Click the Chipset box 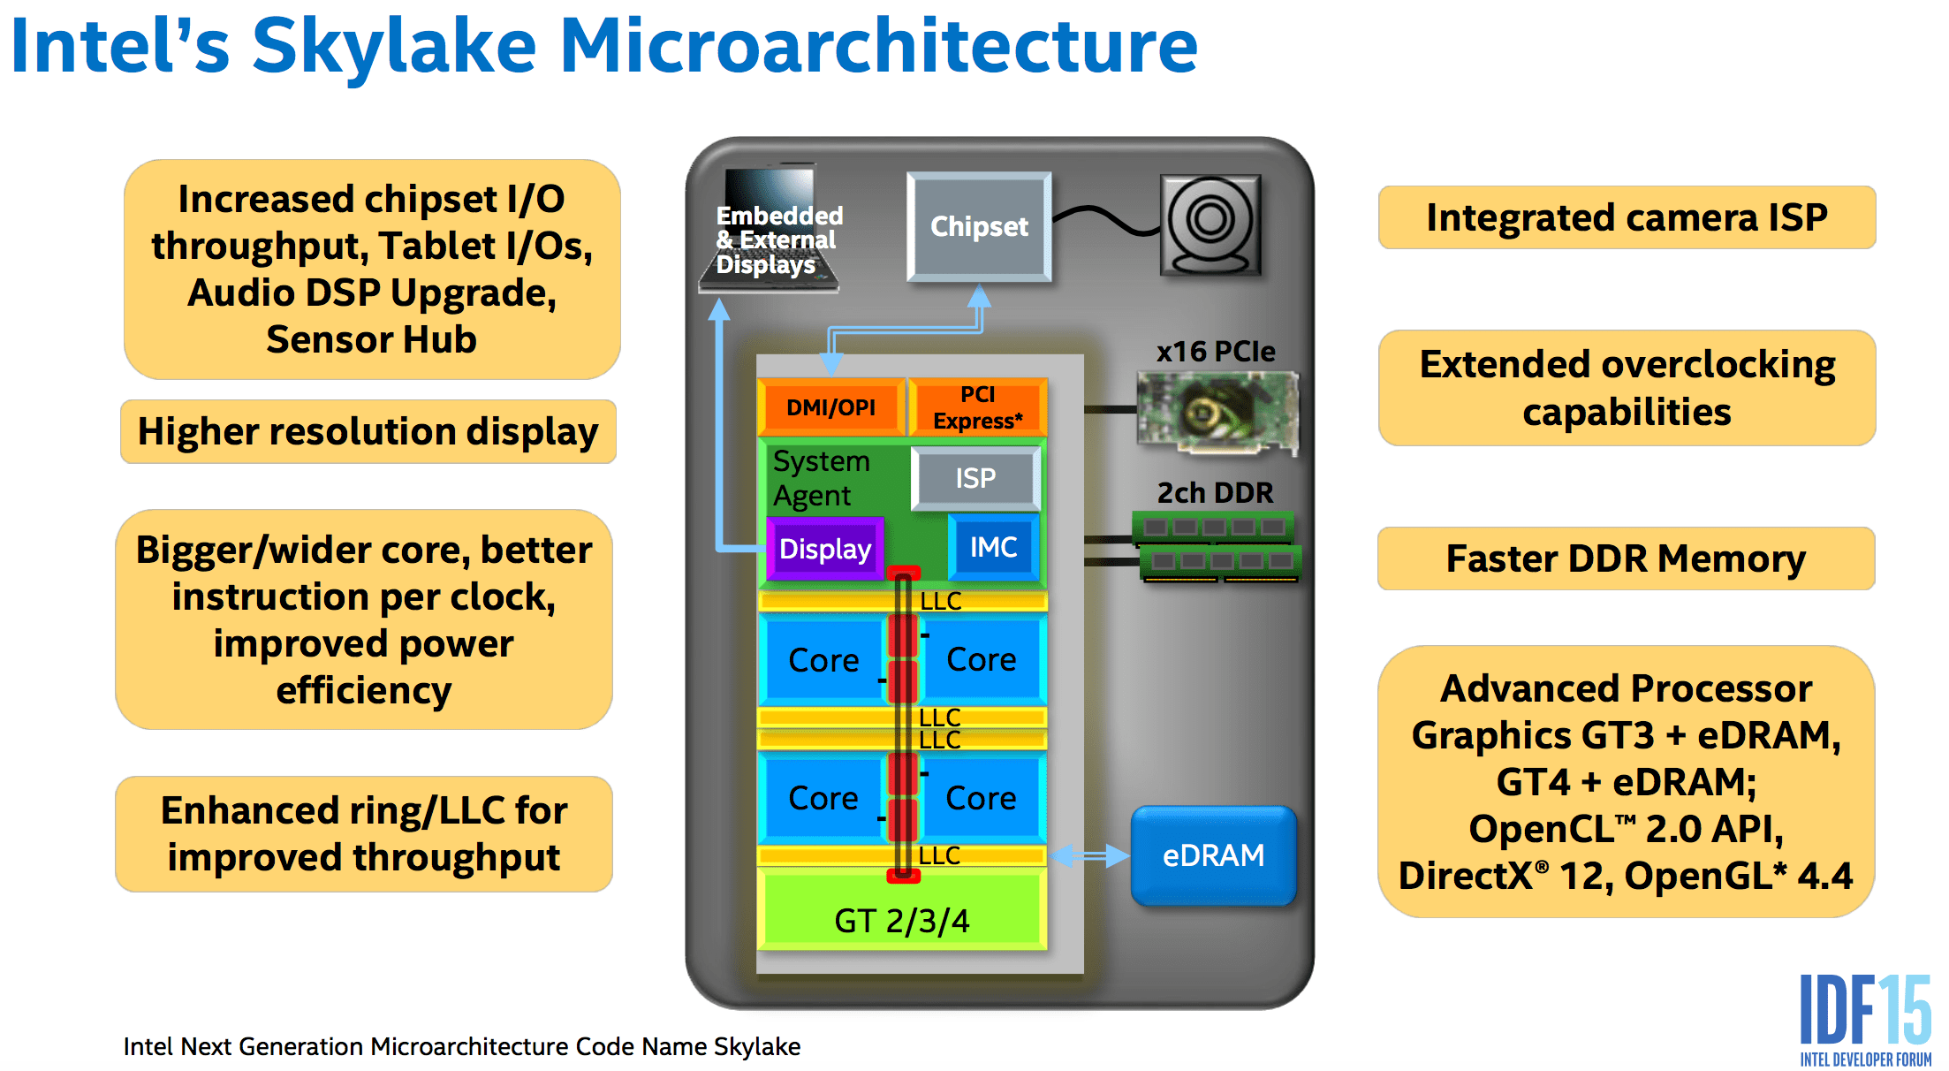(x=979, y=226)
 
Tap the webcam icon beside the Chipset (x=1210, y=225)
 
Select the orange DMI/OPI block (x=831, y=406)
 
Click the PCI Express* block (x=978, y=406)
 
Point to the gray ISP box (x=976, y=478)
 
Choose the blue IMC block (x=994, y=547)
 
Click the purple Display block (x=825, y=549)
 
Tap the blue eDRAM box (x=1214, y=855)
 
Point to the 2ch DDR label (x=1216, y=492)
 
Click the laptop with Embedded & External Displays (x=769, y=227)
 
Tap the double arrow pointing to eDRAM (x=1089, y=855)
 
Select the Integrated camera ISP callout (x=1627, y=217)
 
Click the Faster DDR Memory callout (x=1626, y=558)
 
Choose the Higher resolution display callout (x=368, y=431)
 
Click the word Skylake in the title (x=394, y=46)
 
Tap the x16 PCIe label (x=1216, y=351)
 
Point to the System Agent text (x=822, y=478)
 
